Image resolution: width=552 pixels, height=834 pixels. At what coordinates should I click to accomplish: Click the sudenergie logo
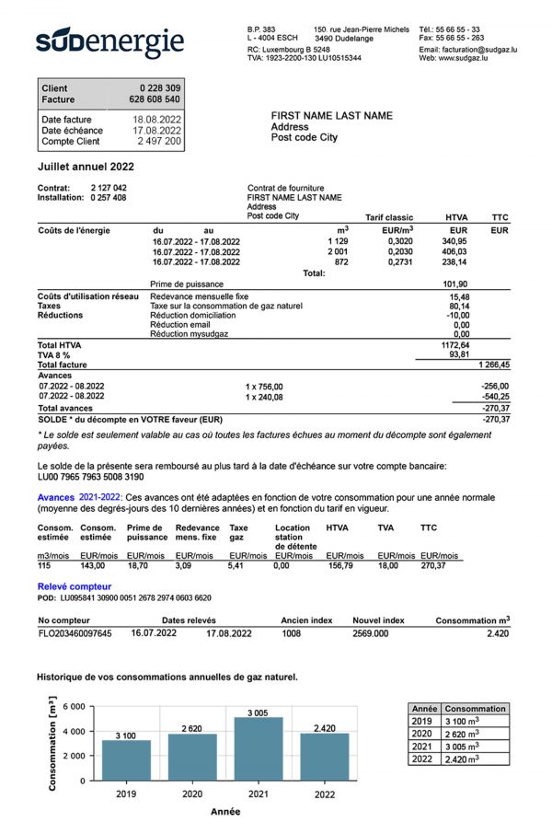pos(110,42)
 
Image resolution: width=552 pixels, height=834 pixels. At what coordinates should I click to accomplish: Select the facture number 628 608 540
pos(155,99)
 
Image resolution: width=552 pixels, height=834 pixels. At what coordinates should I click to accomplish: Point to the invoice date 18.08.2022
pos(157,120)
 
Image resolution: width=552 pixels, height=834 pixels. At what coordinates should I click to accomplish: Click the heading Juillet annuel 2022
pos(86,167)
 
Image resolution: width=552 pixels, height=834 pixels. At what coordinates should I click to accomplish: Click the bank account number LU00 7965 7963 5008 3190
pos(90,477)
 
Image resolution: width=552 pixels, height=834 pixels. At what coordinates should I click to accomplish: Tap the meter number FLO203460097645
pos(75,633)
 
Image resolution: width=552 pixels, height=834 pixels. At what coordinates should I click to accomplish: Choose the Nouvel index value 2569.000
pos(375,633)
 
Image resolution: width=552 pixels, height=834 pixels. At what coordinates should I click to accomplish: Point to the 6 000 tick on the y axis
pos(75,707)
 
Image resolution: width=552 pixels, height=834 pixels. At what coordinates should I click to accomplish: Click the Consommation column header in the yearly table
pos(474,709)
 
